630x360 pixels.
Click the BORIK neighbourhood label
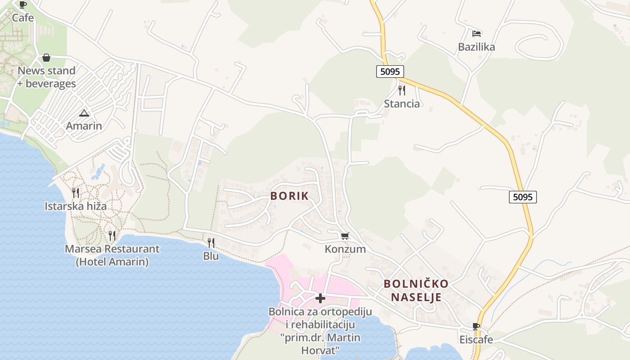click(x=289, y=196)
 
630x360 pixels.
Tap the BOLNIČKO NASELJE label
click(x=416, y=290)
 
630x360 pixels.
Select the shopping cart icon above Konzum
click(x=345, y=236)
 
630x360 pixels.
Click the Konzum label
click(x=345, y=249)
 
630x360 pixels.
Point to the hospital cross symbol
click(x=320, y=298)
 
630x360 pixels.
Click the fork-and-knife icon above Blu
click(x=211, y=243)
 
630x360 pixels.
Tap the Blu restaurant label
click(x=211, y=256)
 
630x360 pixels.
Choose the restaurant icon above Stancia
click(x=402, y=90)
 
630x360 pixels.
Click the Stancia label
click(x=402, y=104)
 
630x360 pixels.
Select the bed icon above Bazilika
click(x=477, y=34)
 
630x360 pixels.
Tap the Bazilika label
click(x=477, y=47)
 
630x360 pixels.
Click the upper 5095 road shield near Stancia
click(x=390, y=71)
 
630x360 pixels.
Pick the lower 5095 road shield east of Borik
click(x=523, y=197)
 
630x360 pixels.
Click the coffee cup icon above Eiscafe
click(x=476, y=326)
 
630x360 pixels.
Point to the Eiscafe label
click(x=476, y=339)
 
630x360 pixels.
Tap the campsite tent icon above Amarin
click(x=84, y=113)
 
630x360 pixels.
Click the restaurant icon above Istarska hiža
click(x=76, y=193)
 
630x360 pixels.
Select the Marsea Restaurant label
click(x=112, y=255)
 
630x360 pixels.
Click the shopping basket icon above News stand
click(x=46, y=58)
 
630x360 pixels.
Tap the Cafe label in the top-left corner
click(x=23, y=18)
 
